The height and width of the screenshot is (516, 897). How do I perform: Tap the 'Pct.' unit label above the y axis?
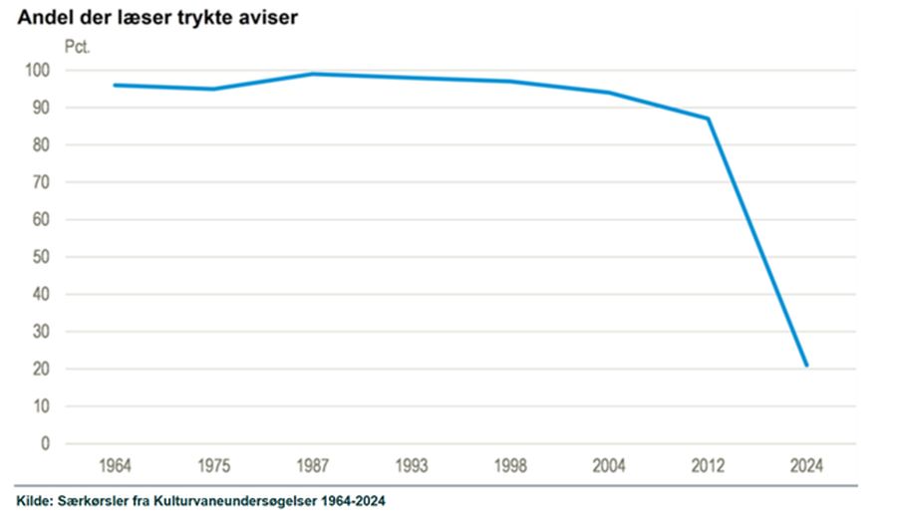[x=78, y=47]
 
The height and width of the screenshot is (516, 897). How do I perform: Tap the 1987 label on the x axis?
[x=312, y=465]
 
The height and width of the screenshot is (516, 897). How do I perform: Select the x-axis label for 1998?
[x=510, y=465]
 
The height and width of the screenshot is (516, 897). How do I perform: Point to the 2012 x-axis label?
[x=708, y=465]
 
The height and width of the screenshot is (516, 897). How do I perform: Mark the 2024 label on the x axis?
[x=806, y=465]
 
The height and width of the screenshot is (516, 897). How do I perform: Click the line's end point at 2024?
[x=806, y=366]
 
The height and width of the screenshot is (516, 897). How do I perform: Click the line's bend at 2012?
[x=708, y=119]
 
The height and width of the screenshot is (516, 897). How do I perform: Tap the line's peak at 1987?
[x=312, y=74]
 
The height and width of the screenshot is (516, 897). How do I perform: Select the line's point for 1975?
[x=213, y=89]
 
